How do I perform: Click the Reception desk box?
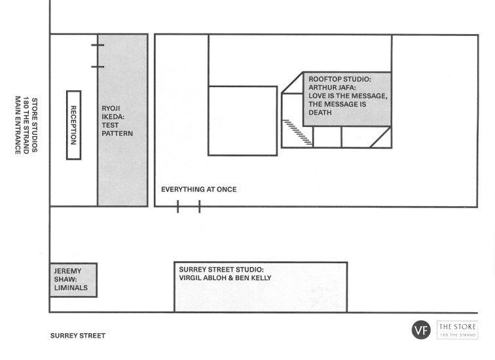[73, 125]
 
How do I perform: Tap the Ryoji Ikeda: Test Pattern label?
[117, 121]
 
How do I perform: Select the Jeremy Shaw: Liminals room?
[73, 280]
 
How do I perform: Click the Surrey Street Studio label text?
[221, 270]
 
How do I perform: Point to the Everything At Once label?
[199, 189]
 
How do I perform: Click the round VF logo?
[421, 330]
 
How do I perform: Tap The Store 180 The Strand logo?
[458, 330]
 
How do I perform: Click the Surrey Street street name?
[78, 336]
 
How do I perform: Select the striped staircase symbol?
[297, 132]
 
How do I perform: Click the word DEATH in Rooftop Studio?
[320, 113]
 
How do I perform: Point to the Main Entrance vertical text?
[18, 125]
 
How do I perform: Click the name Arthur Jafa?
[331, 88]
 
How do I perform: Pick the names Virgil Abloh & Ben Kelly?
[225, 278]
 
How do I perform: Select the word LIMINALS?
[71, 288]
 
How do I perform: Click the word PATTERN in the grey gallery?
[117, 134]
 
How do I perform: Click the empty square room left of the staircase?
[243, 121]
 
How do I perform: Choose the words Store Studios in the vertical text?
[35, 125]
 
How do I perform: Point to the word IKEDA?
[113, 117]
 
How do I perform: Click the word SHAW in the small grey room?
[65, 279]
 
